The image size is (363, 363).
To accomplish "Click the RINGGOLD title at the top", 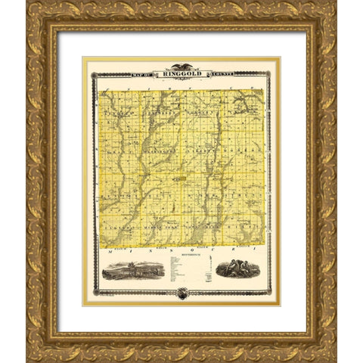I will pyautogui.click(x=181, y=73).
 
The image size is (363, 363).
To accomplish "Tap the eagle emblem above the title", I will pyautogui.click(x=181, y=67).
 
